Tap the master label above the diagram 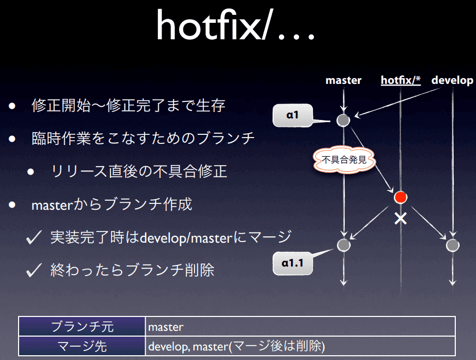pyautogui.click(x=343, y=80)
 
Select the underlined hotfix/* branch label pyautogui.click(x=401, y=80)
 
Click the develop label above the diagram pyautogui.click(x=452, y=80)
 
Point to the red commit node pyautogui.click(x=401, y=198)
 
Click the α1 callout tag pyautogui.click(x=293, y=115)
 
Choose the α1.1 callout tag pyautogui.click(x=293, y=263)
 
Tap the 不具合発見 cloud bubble pyautogui.click(x=344, y=160)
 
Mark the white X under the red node pyautogui.click(x=401, y=218)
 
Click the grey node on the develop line pyautogui.click(x=453, y=245)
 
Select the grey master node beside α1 pyautogui.click(x=343, y=120)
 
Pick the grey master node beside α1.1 pyautogui.click(x=344, y=245)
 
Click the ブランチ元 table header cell pyautogui.click(x=82, y=327)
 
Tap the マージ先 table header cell pyautogui.click(x=82, y=346)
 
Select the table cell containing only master pyautogui.click(x=300, y=327)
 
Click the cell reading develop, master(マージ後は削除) pyautogui.click(x=300, y=346)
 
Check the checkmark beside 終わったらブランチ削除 pyautogui.click(x=33, y=270)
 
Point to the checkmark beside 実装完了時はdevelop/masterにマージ pyautogui.click(x=33, y=237)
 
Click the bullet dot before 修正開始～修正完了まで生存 pyautogui.click(x=12, y=106)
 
